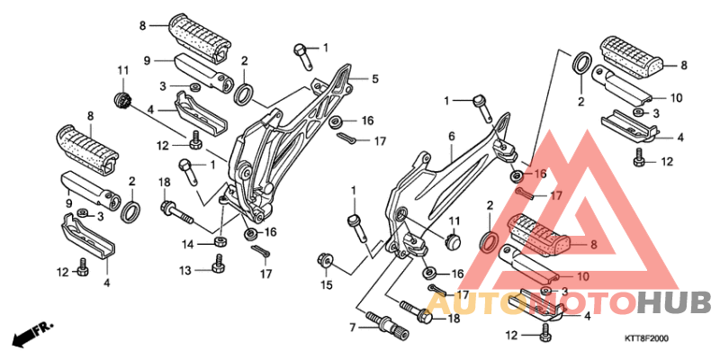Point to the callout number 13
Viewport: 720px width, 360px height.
point(185,269)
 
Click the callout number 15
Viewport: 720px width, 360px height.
point(326,285)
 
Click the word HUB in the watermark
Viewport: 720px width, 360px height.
point(674,303)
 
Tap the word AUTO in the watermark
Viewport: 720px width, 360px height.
point(477,303)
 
